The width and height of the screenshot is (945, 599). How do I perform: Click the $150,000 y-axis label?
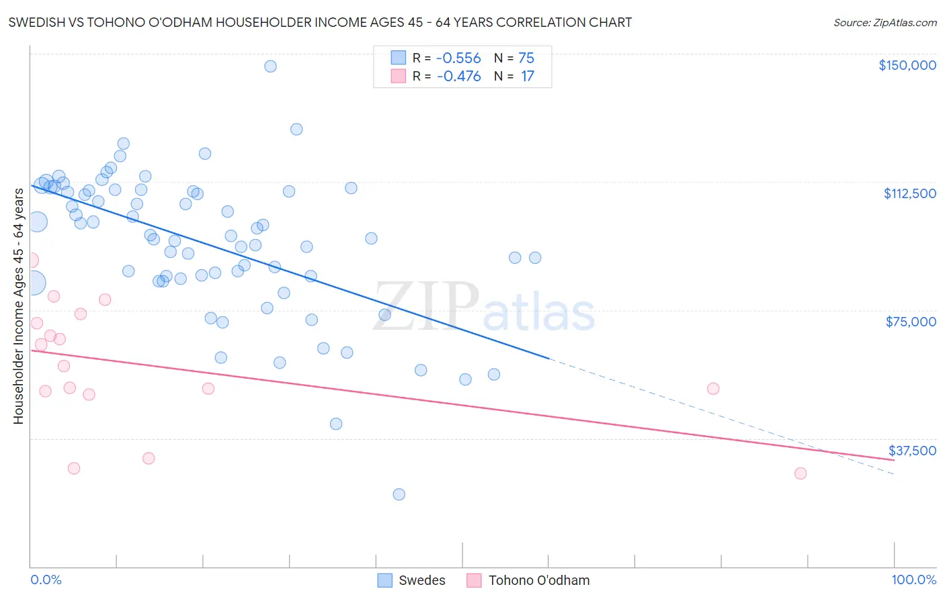[x=907, y=65]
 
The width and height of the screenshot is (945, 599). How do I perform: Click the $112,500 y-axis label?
[x=909, y=193]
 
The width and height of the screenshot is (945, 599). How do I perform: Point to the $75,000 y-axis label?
[x=911, y=322]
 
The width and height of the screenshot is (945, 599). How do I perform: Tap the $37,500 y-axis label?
[x=912, y=451]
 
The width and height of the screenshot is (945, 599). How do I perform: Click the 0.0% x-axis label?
[x=46, y=580]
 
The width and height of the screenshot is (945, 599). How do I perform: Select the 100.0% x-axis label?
[x=913, y=580]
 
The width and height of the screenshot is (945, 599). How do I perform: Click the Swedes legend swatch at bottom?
[x=384, y=580]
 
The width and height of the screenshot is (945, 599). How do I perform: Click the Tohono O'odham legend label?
[x=538, y=580]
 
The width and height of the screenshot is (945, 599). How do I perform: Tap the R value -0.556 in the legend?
[x=458, y=58]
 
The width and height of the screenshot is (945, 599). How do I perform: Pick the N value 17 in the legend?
[x=527, y=77]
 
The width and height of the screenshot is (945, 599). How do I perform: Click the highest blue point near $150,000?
[x=270, y=66]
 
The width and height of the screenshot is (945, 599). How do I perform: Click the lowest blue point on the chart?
[x=399, y=494]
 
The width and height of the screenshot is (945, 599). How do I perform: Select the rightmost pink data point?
[x=800, y=473]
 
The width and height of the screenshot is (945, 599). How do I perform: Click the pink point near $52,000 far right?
[x=713, y=389]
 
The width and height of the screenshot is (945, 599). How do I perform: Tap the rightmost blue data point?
[x=535, y=258]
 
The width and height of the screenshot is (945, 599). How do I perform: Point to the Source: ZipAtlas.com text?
[x=885, y=23]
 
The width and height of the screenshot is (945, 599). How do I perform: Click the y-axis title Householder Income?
[x=18, y=306]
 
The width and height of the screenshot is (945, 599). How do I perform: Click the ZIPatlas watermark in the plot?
[x=484, y=308]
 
